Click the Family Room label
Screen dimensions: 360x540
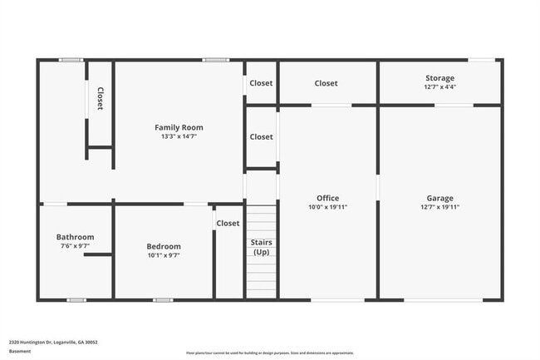179,127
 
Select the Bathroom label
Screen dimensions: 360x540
75,237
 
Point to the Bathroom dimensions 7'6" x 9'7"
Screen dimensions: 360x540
75,246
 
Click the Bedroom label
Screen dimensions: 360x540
164,246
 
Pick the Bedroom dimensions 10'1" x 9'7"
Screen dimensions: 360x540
164,255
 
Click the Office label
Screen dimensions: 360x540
327,198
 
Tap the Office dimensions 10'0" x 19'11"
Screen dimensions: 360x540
327,207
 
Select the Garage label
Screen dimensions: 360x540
439,198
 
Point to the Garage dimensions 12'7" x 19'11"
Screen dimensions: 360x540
439,207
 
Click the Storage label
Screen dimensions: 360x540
439,78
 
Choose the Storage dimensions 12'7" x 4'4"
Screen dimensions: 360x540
439,86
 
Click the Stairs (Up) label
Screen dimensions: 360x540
261,247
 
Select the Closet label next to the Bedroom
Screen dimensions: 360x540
228,223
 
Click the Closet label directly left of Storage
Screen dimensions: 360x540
326,83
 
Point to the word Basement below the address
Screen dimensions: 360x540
20,351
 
